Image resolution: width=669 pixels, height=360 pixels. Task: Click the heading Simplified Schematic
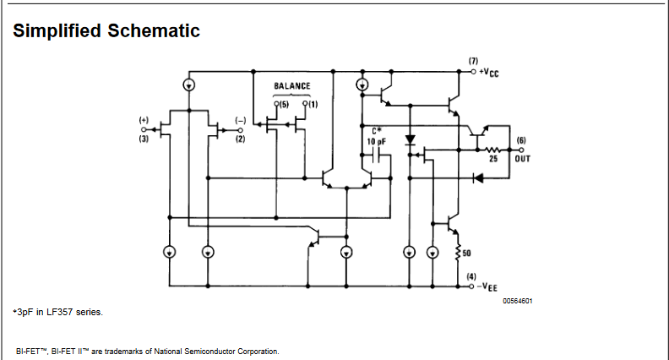(106, 30)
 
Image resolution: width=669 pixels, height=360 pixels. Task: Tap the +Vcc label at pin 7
(489, 73)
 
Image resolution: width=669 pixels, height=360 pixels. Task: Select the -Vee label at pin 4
(487, 287)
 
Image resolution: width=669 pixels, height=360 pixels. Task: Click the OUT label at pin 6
(523, 159)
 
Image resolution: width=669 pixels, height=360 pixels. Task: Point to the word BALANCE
(291, 86)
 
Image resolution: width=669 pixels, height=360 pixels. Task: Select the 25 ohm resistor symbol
(493, 150)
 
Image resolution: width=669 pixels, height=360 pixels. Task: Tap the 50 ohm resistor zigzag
(458, 252)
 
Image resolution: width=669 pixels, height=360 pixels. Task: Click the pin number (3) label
(144, 139)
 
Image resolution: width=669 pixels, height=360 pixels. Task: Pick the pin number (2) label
(241, 139)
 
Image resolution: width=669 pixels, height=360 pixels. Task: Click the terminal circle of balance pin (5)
(276, 103)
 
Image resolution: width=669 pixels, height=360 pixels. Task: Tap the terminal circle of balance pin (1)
(305, 103)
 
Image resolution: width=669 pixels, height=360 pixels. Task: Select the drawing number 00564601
(518, 301)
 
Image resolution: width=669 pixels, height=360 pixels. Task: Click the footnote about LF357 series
(58, 312)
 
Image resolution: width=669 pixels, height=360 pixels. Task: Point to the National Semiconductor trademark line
(148, 352)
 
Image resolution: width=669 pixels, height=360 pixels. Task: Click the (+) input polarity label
(144, 120)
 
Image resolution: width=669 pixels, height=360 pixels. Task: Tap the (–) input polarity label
(241, 121)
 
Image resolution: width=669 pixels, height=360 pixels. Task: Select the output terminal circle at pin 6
(521, 150)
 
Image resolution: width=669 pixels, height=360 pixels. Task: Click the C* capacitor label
(377, 131)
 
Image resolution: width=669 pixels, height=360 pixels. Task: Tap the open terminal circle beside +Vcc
(473, 72)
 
